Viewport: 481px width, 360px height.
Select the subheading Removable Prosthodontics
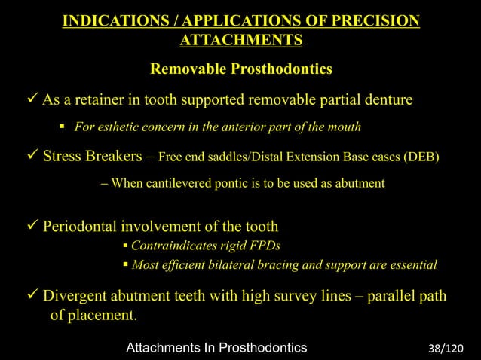click(x=241, y=70)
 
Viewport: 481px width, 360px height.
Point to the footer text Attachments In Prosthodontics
click(x=216, y=348)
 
